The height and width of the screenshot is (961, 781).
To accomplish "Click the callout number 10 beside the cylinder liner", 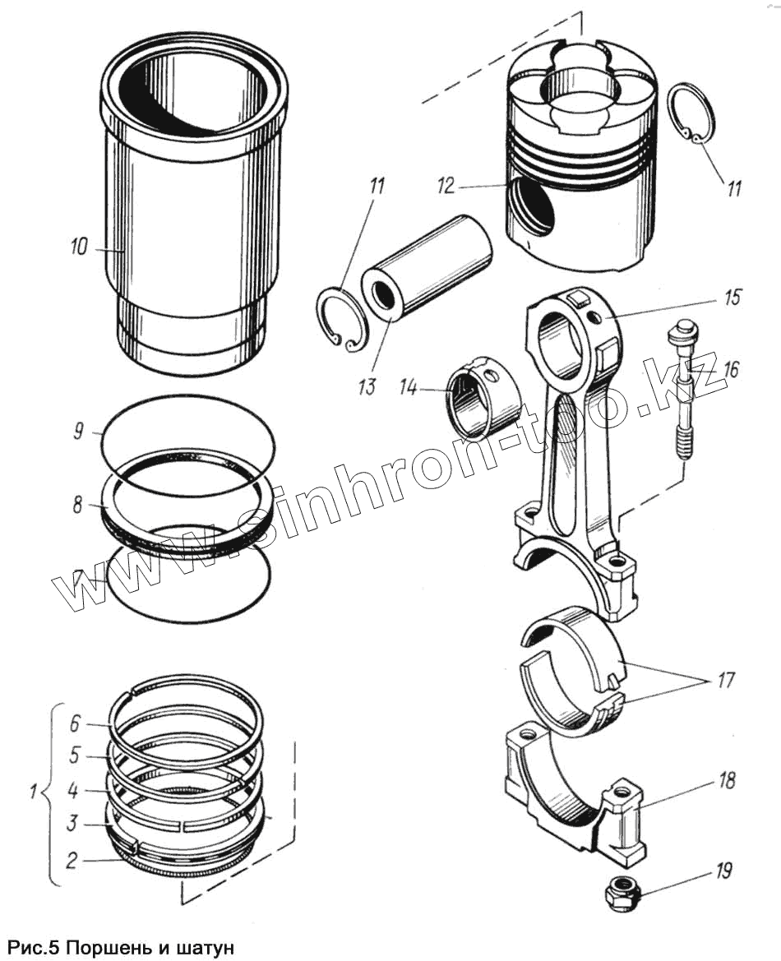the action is (79, 247).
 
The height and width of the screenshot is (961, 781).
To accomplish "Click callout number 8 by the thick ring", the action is (77, 505).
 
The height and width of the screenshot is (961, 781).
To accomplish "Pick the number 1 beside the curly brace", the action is (33, 793).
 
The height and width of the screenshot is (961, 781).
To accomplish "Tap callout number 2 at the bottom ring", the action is (72, 861).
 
